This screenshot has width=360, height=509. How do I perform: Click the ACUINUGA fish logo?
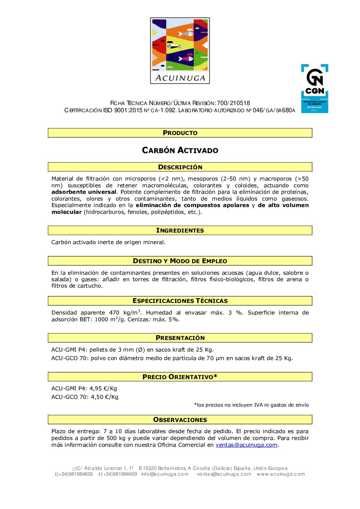coord(180,50)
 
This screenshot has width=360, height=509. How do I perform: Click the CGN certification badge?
coord(314,88)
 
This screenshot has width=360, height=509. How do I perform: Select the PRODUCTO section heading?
coord(180,133)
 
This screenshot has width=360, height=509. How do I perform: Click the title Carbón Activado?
coord(180,150)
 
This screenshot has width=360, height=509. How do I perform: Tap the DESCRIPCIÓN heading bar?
coord(180,167)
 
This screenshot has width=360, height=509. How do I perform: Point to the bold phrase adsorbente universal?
coord(84,192)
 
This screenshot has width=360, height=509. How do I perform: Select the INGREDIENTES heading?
coord(180,231)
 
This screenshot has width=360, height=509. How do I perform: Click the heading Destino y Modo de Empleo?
coord(180,261)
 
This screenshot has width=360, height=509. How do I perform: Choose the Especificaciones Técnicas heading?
coord(180,301)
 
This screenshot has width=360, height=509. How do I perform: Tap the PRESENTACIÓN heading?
coord(180,338)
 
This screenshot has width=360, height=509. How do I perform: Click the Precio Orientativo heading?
coord(180,377)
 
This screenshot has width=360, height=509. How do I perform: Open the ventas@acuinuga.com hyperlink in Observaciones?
coord(246,445)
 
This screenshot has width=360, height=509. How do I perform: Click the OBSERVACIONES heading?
coord(180,420)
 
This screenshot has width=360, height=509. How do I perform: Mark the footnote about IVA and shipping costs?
coord(251,405)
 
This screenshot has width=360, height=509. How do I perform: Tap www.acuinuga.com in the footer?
coord(281,474)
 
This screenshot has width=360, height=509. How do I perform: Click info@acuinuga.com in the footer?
coord(165,474)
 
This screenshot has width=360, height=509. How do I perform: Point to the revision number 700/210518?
coord(233,103)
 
